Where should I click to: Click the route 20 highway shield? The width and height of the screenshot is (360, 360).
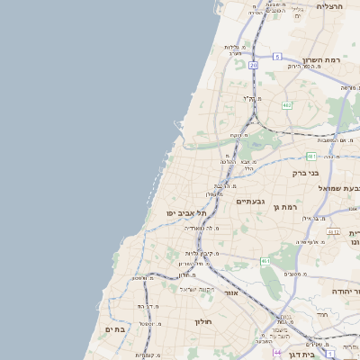254,66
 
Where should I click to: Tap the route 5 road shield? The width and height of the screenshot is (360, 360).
278,56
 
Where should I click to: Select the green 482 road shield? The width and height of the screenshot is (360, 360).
286,105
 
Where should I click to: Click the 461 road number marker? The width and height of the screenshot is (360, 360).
265,260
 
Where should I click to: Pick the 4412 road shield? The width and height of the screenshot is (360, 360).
334,231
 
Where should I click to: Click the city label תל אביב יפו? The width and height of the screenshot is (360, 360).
186,212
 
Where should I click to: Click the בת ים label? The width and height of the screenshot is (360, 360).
117,329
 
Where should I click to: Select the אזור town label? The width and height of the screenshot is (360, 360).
231,292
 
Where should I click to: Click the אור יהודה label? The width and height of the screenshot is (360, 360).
345,292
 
